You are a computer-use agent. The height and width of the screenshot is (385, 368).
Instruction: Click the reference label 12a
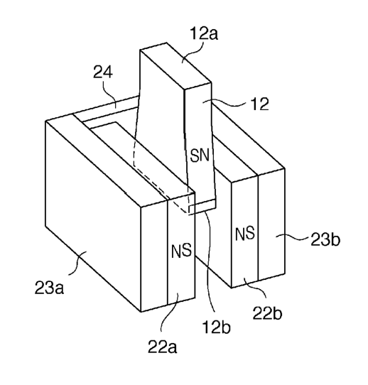(204, 33)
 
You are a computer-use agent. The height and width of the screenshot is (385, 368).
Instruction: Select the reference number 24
(103, 72)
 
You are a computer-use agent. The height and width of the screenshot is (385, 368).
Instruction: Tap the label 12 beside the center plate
(259, 104)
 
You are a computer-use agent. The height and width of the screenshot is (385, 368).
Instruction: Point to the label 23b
(325, 239)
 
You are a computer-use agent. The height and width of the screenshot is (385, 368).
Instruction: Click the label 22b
(267, 313)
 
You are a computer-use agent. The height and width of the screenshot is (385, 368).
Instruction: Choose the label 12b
(216, 327)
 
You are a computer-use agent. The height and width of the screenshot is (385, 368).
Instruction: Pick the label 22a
(162, 347)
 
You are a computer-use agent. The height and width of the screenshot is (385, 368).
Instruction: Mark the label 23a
(49, 288)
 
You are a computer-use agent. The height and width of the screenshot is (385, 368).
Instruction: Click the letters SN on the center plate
(200, 156)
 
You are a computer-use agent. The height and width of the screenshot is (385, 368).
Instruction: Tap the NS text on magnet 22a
(181, 251)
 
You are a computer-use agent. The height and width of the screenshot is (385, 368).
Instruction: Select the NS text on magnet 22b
(245, 234)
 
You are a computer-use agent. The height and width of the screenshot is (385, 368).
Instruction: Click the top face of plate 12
(175, 66)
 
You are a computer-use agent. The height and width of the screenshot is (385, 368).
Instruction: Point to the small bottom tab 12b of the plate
(202, 207)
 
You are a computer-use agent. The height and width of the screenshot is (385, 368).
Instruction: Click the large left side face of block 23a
(93, 216)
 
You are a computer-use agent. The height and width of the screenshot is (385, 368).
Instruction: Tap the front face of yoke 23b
(271, 224)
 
